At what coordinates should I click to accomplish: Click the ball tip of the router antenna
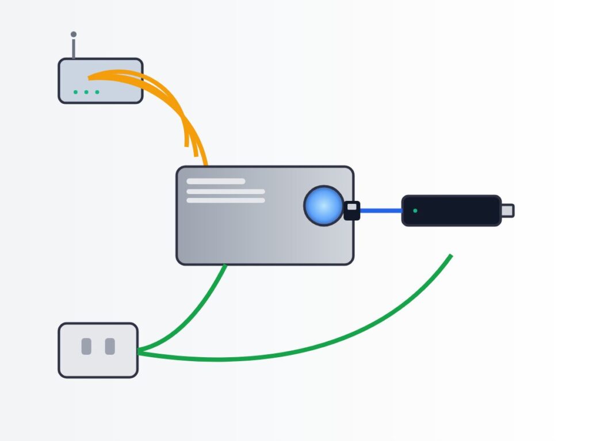(x=74, y=34)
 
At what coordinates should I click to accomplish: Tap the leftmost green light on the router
(x=75, y=92)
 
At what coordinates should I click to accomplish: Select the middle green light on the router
(x=86, y=92)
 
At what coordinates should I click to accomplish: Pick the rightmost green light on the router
(x=97, y=92)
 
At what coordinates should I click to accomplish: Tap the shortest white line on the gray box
(x=216, y=181)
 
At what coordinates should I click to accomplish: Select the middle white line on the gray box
(x=225, y=191)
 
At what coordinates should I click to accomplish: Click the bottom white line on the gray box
(x=225, y=200)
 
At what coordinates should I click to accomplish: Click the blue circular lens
(x=324, y=206)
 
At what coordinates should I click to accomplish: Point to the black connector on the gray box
(x=352, y=211)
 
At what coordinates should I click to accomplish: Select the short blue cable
(x=381, y=211)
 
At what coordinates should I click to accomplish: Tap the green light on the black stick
(x=415, y=211)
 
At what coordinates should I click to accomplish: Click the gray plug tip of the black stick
(x=507, y=211)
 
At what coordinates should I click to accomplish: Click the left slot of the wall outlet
(x=86, y=346)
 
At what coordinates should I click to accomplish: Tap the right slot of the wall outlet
(x=110, y=346)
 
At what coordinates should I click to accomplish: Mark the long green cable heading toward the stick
(x=345, y=339)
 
